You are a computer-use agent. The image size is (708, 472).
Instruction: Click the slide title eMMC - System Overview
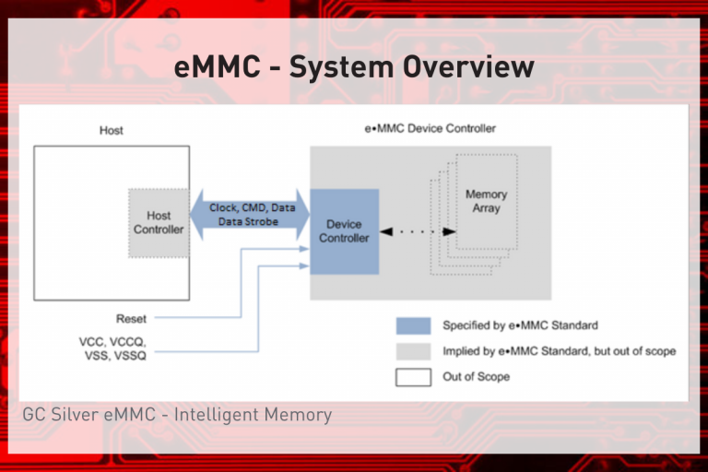[354, 67]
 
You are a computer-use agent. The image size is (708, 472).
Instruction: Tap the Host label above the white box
[112, 131]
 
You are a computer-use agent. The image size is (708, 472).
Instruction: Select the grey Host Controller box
[159, 222]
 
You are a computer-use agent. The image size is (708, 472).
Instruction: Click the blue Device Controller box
[344, 231]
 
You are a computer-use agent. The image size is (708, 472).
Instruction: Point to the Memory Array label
[485, 201]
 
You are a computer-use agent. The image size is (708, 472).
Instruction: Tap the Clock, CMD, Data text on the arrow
[252, 208]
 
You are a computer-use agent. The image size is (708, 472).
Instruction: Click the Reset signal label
[131, 318]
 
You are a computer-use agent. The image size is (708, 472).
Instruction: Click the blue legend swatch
[413, 325]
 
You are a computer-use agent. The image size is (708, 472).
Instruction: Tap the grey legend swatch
[413, 351]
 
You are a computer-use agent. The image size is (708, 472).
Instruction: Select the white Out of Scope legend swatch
[413, 376]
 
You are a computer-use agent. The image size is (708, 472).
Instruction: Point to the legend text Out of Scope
[476, 376]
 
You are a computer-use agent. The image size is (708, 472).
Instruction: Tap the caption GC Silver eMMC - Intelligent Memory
[177, 415]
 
